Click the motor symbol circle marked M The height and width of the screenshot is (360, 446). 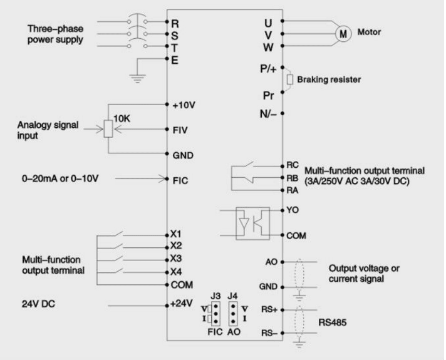tap(343, 34)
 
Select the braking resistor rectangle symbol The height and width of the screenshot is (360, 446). tap(289, 80)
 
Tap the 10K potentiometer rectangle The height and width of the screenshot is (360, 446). tap(108, 129)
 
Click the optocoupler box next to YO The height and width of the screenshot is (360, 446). tap(252, 224)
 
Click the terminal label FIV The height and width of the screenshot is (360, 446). tap(180, 130)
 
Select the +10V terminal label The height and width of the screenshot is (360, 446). tap(184, 105)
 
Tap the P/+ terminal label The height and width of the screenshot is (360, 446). tap(268, 69)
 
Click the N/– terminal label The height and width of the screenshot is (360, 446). tap(268, 114)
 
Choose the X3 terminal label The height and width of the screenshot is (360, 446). tap(176, 259)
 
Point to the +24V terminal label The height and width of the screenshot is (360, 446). tap(182, 304)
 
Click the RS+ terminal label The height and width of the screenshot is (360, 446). tap(269, 309)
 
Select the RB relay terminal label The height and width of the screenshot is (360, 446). tap(293, 178)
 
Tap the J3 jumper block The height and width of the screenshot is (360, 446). tap(216, 314)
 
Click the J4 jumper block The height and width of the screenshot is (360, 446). tap(233, 314)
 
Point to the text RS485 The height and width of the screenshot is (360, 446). tap(332, 322)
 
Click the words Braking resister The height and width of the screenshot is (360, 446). tap(329, 80)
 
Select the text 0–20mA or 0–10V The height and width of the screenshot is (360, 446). tap(60, 178)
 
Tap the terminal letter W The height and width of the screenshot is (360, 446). tap(268, 48)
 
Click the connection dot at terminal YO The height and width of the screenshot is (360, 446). tap(282, 210)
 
